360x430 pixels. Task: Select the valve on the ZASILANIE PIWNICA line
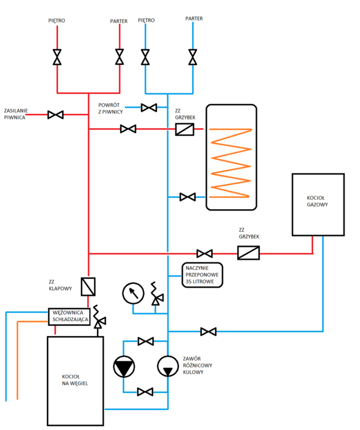point(56,115)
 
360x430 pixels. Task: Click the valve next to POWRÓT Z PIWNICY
point(149,107)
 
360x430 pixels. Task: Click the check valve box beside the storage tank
point(185,130)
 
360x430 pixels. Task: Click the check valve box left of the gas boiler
point(248,252)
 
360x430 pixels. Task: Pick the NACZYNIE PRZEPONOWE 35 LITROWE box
point(201,275)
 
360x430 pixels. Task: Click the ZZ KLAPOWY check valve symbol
point(89,286)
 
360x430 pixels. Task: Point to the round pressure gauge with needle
point(133,294)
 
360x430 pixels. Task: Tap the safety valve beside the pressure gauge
point(155,295)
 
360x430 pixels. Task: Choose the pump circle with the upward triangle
point(124,367)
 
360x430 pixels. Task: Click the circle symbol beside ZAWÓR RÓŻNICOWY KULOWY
point(167,367)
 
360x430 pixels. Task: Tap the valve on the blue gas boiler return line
point(208,331)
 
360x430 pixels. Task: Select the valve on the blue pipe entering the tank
point(187,197)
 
